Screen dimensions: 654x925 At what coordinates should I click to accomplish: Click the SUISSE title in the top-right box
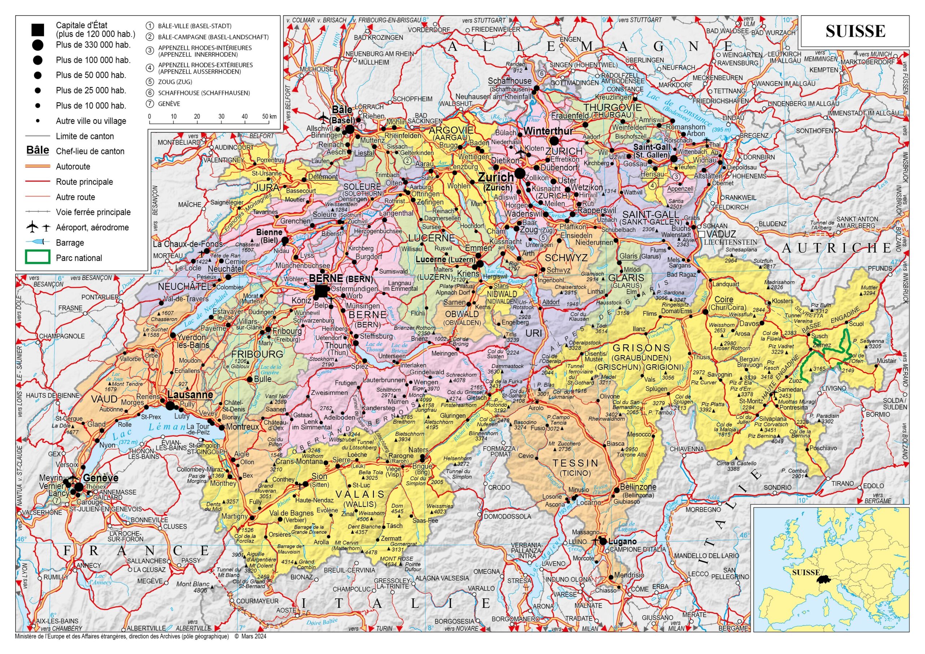pyautogui.click(x=855, y=31)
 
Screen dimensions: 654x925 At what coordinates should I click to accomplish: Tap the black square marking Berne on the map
pyautogui.click(x=322, y=291)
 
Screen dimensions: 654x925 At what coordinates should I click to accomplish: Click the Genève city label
pyautogui.click(x=101, y=478)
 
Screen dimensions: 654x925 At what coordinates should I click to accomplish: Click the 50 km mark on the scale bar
pyautogui.click(x=269, y=117)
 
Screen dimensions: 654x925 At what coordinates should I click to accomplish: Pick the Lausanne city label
pyautogui.click(x=190, y=395)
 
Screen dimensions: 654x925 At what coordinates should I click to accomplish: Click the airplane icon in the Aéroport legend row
pyautogui.click(x=32, y=227)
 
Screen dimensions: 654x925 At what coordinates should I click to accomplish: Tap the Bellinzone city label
pyautogui.click(x=638, y=486)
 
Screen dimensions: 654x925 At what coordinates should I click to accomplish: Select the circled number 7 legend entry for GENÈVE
pyautogui.click(x=150, y=104)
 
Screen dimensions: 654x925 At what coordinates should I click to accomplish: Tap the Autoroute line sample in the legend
pyautogui.click(x=38, y=166)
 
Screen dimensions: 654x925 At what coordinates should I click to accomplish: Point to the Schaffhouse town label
pyautogui.click(x=509, y=81)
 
